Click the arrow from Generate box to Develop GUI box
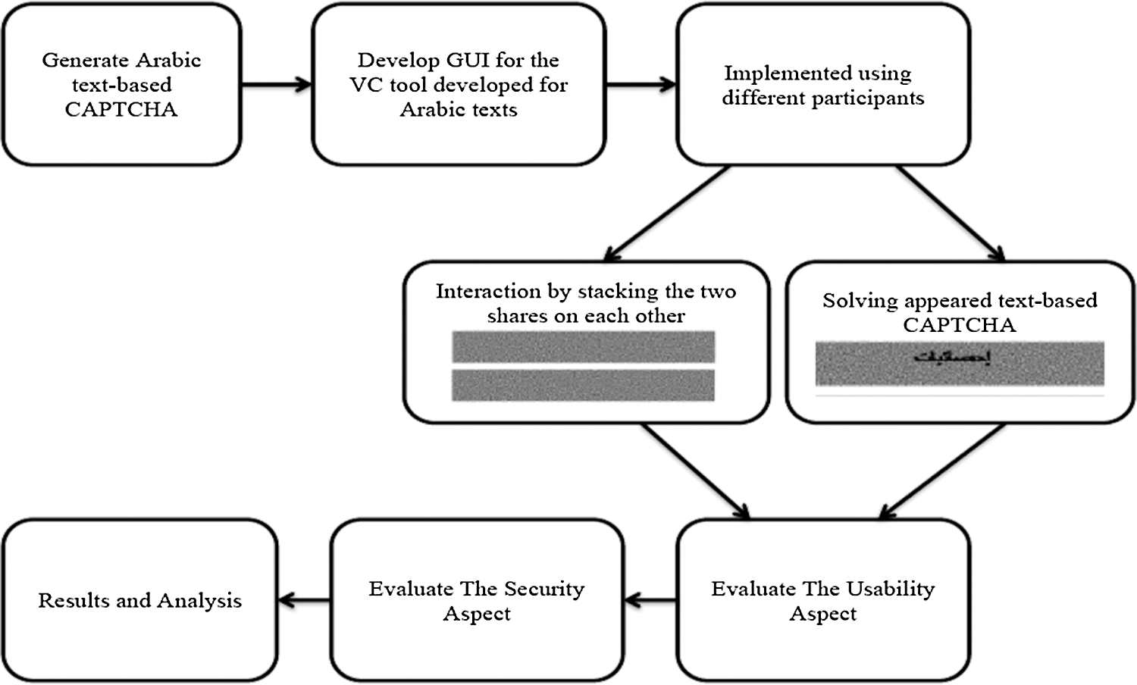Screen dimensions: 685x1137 [x=277, y=84]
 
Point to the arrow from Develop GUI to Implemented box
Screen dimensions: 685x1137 [x=641, y=84]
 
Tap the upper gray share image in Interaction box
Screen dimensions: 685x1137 [x=583, y=347]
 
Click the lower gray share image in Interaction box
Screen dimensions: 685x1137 [x=583, y=385]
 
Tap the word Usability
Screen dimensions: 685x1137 [x=890, y=590]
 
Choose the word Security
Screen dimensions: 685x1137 [x=544, y=590]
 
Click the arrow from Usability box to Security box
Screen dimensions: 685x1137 [x=650, y=601]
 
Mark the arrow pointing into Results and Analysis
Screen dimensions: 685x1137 [x=304, y=601]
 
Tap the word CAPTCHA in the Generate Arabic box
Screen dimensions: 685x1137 [x=121, y=110]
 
